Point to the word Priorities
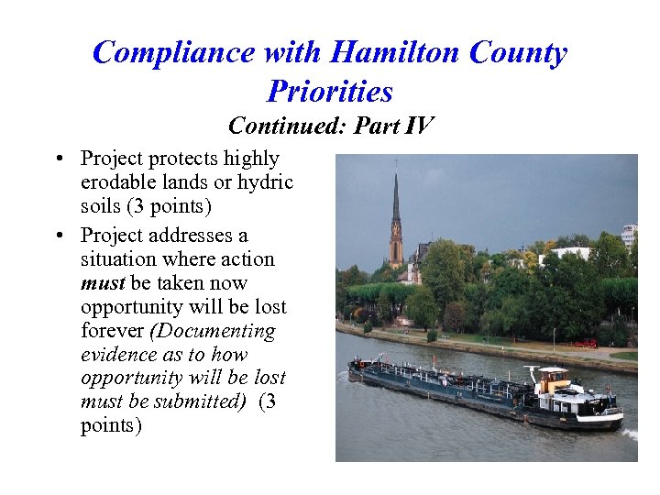tap(330, 91)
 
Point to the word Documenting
tap(217, 330)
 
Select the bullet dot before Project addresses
tap(59, 236)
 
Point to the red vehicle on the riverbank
tap(583, 344)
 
